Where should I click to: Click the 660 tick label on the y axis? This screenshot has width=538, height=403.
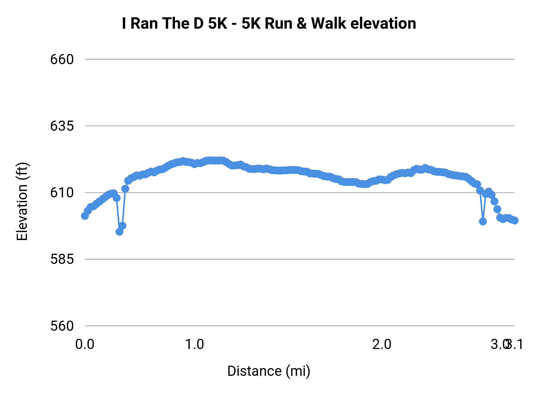click(62, 59)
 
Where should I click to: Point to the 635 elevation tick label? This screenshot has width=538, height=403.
click(62, 126)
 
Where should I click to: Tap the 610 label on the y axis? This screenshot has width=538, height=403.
click(62, 193)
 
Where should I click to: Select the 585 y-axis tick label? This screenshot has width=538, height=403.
click(62, 259)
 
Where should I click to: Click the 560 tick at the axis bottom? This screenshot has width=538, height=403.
click(62, 326)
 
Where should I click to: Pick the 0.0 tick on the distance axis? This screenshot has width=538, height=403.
click(85, 344)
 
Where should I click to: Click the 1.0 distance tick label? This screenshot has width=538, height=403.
click(195, 344)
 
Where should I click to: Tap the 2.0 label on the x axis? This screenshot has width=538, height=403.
click(382, 344)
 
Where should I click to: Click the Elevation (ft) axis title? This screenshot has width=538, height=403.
click(22, 201)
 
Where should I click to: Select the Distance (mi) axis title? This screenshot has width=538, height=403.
click(269, 371)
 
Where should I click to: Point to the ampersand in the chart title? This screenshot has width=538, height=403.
click(302, 23)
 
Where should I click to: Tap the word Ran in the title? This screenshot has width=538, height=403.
click(144, 23)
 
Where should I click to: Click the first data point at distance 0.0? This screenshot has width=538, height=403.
click(85, 216)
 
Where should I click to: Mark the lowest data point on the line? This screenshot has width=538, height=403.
click(120, 232)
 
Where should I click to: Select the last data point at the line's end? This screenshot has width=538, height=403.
click(515, 221)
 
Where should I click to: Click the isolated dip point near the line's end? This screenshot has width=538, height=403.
click(483, 222)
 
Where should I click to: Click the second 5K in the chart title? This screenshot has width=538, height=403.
click(251, 23)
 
